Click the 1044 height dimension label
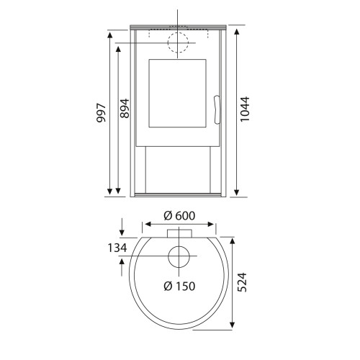tap(245, 109)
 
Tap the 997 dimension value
tap(101, 113)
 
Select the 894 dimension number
tap(125, 108)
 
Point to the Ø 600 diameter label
tap(179, 216)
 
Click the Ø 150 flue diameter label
tap(179, 286)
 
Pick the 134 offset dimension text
tap(117, 248)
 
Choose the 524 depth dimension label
tap(242, 282)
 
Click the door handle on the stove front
tap(217, 109)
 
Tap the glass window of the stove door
tap(177, 93)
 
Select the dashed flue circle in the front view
tap(178, 32)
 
